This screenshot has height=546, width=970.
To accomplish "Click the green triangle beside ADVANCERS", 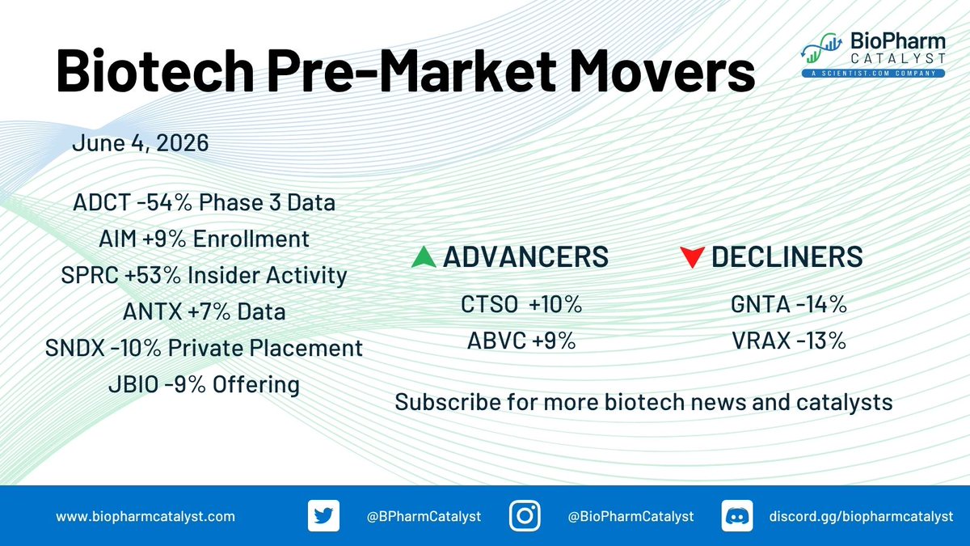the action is tap(424, 257).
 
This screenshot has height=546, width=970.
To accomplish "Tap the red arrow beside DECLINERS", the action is tap(692, 257).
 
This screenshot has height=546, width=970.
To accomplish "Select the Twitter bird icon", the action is tap(323, 516).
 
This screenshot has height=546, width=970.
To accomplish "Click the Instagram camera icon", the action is tap(525, 516).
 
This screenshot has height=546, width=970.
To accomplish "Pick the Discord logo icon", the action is tap(737, 516).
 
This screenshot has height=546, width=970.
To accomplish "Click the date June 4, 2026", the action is tap(141, 143).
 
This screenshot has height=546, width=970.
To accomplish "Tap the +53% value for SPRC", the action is tap(153, 275).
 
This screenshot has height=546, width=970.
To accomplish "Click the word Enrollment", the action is tap(251, 239).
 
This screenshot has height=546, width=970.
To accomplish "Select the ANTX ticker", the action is tap(153, 311).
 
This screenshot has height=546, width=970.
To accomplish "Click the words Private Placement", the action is tap(265, 348).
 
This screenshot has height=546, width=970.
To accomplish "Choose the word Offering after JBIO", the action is tap(256, 385).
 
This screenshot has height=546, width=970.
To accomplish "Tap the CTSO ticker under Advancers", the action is tap(489, 304).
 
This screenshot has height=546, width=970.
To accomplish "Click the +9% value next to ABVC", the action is tap(554, 341).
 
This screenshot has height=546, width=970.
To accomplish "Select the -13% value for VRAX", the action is tap(821, 341).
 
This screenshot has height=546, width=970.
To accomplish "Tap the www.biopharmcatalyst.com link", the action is tap(145, 517).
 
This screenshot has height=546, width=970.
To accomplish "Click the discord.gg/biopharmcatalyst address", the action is tap(862, 517).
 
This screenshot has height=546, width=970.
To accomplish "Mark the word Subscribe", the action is tap(448, 402).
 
